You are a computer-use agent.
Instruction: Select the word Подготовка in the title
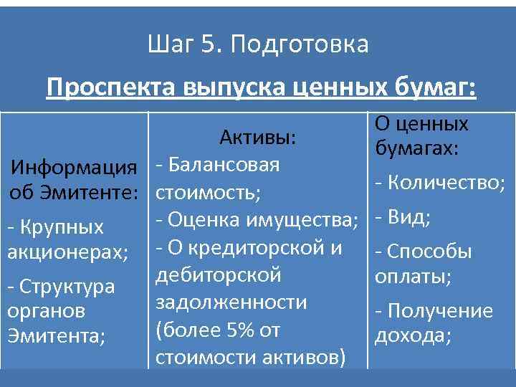tap(300, 45)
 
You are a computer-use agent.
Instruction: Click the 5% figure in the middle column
tap(231, 331)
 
